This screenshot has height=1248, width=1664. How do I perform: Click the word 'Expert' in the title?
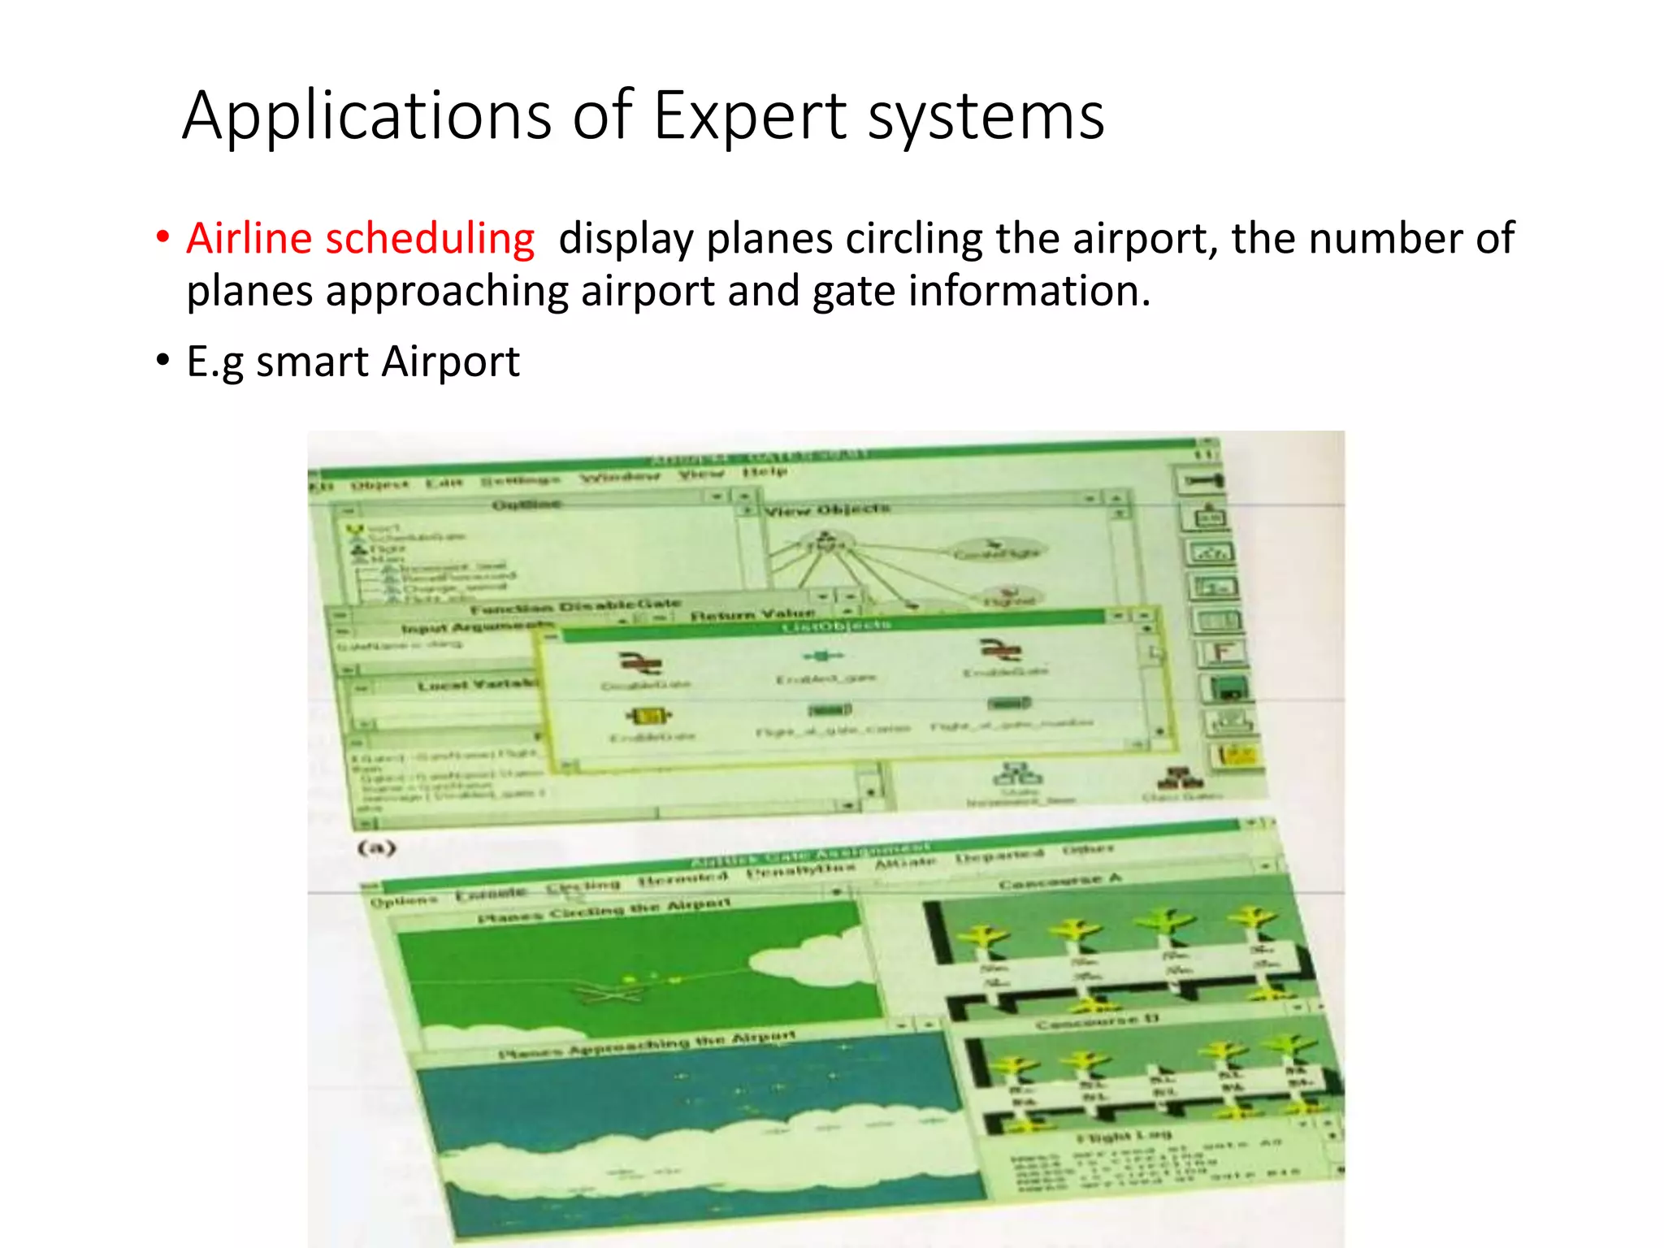tap(750, 116)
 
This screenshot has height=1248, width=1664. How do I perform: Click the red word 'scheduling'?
tap(429, 239)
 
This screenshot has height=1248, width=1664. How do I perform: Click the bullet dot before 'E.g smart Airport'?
tap(163, 360)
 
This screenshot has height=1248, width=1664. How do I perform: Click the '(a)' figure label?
tap(377, 848)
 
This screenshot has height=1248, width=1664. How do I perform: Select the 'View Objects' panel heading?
tap(828, 509)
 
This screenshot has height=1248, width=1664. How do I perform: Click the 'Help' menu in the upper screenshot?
tap(764, 472)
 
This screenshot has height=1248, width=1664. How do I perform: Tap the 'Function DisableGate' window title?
tap(574, 606)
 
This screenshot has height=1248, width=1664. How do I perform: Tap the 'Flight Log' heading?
tap(1124, 1136)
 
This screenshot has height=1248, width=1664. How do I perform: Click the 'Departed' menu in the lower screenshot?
tap(999, 856)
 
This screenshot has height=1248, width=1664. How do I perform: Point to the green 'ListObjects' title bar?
tap(836, 626)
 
